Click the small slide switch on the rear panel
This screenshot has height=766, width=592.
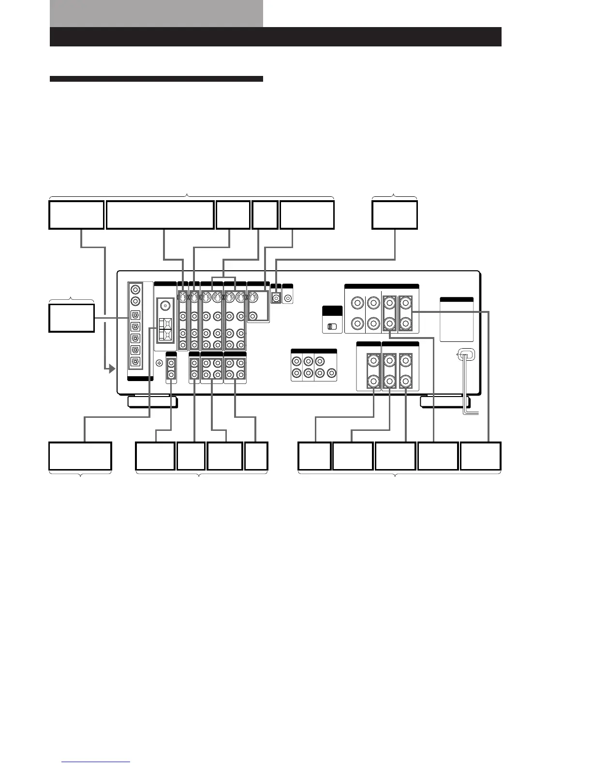click(332, 326)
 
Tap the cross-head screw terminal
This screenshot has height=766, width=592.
click(159, 363)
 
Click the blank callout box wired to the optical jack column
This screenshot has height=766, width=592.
click(72, 318)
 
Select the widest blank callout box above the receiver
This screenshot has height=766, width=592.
click(160, 215)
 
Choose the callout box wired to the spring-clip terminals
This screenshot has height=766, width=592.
click(80, 456)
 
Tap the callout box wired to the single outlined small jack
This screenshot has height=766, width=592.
click(394, 215)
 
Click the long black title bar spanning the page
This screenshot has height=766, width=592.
click(275, 37)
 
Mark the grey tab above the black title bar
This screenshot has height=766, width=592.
click(156, 14)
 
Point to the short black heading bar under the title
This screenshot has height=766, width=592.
click(156, 79)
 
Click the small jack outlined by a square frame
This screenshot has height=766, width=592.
click(276, 298)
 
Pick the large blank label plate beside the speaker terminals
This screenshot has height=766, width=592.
click(457, 321)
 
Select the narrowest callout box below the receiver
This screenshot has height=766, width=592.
click(256, 456)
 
